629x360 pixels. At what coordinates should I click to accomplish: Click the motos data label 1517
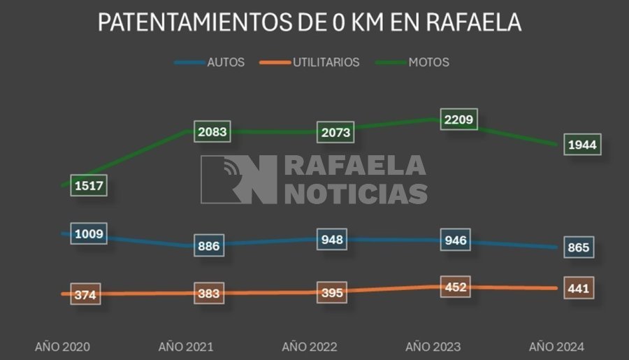[x=89, y=185]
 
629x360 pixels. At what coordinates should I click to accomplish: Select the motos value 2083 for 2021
[x=212, y=131]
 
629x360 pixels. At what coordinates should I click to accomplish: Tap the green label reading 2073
[x=335, y=131]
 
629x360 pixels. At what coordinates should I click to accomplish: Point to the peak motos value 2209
[x=458, y=120]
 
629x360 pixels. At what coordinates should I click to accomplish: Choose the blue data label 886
[x=209, y=245]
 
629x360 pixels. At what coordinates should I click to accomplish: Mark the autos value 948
[x=332, y=240]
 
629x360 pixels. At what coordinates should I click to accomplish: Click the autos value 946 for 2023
[x=455, y=241]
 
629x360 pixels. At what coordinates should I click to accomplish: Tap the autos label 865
[x=578, y=247]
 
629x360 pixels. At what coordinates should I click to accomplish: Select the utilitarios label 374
[x=86, y=295]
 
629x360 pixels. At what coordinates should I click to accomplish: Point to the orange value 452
[x=455, y=287]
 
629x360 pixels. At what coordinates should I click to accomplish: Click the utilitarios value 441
[x=578, y=288]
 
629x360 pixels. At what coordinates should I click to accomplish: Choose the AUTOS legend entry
[x=225, y=62]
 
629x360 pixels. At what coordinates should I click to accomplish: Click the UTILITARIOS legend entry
[x=326, y=62]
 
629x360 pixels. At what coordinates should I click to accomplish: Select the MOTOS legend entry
[x=428, y=62]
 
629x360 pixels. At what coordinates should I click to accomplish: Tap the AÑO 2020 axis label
[x=63, y=347]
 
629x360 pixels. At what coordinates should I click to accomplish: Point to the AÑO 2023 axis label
[x=433, y=347]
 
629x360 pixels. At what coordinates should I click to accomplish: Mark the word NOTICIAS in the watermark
[x=356, y=193]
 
